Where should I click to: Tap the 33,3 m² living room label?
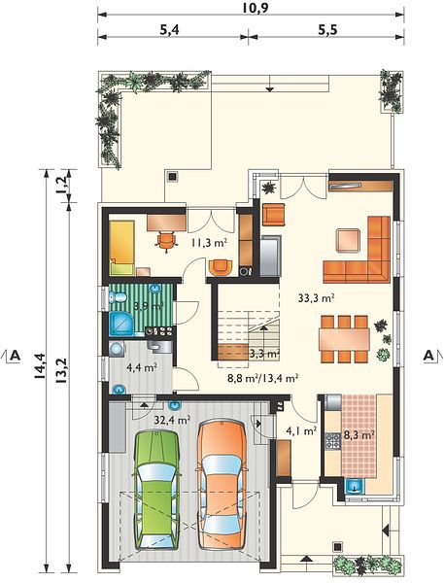pyautogui.click(x=317, y=297)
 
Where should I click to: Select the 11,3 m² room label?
pyautogui.click(x=209, y=243)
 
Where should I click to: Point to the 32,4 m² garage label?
pyautogui.click(x=172, y=420)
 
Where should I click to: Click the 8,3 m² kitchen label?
pyautogui.click(x=359, y=434)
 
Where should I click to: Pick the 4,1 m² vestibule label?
pyautogui.click(x=301, y=430)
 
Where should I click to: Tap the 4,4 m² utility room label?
pyautogui.click(x=141, y=367)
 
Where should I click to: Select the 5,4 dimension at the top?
pyautogui.click(x=169, y=30)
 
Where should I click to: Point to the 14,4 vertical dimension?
pyautogui.click(x=41, y=366)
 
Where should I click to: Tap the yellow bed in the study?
pyautogui.click(x=121, y=248)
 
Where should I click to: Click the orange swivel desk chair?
pyautogui.click(x=166, y=241)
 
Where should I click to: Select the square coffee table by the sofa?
pyautogui.click(x=348, y=240)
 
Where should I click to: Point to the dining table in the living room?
pyautogui.click(x=344, y=339)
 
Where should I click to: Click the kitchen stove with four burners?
pyautogui.click(x=333, y=441)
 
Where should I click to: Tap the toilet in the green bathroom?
pyautogui.click(x=118, y=297)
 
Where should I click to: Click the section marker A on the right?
pyautogui.click(x=428, y=356)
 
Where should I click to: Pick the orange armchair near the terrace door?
pyautogui.click(x=274, y=215)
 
